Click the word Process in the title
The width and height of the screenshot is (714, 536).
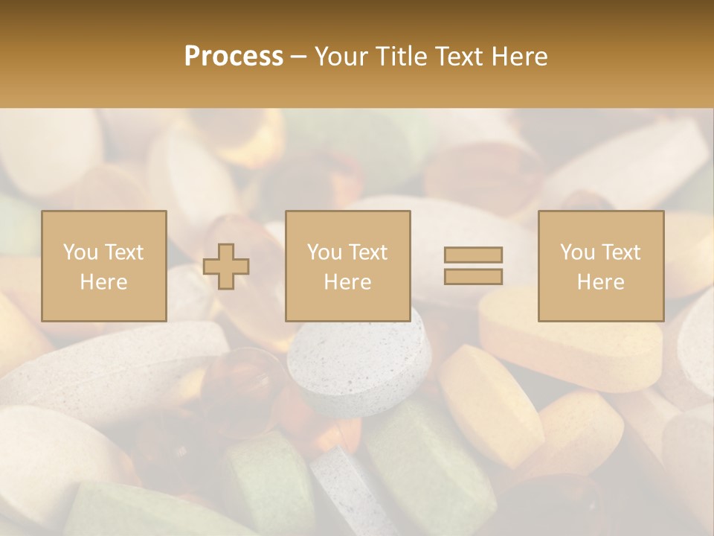click(x=234, y=57)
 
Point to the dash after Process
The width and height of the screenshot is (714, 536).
click(x=298, y=57)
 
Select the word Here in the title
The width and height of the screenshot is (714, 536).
click(x=517, y=57)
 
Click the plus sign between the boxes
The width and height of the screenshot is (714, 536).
click(x=226, y=267)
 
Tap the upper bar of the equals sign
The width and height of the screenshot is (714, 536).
click(x=473, y=255)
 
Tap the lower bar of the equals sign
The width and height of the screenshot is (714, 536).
click(x=473, y=276)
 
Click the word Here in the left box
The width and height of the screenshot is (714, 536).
click(x=103, y=281)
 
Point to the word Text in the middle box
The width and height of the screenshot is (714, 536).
click(x=367, y=252)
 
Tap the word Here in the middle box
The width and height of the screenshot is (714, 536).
click(x=347, y=281)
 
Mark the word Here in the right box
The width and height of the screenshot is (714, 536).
click(x=600, y=281)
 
